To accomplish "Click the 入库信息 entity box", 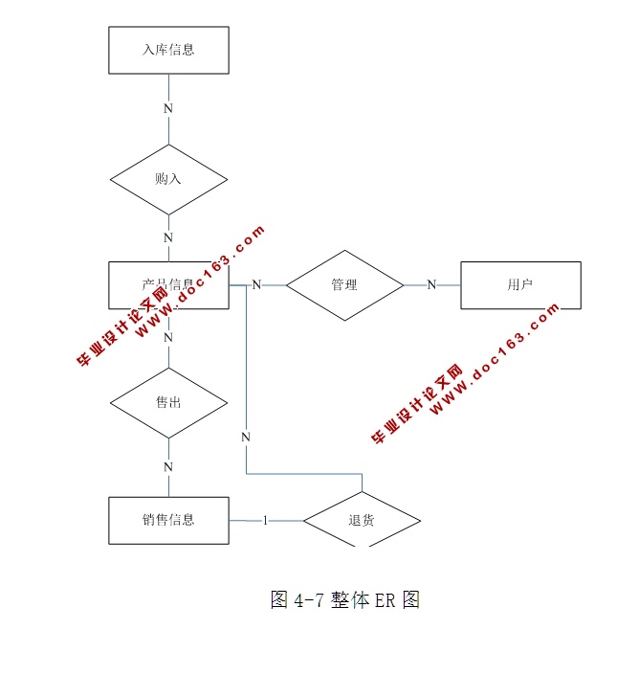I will (x=168, y=50).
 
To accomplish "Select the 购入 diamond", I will (x=168, y=179).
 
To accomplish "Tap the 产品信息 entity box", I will (x=168, y=284).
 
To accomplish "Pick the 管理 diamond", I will (x=344, y=284).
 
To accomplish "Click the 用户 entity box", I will (x=520, y=284).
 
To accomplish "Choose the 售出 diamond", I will (x=168, y=402).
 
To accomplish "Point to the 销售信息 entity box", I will (x=168, y=520).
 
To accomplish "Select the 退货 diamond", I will (x=362, y=520).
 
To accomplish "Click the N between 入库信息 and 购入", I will (x=168, y=108).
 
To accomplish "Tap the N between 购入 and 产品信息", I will (x=168, y=237).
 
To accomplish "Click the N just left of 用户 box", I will (x=431, y=284).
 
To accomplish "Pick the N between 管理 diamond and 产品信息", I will (x=256, y=284).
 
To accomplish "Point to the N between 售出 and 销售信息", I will (x=168, y=467).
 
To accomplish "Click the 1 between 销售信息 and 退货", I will (x=265, y=520).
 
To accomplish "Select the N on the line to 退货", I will (x=246, y=437).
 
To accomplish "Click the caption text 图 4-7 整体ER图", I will (x=345, y=600).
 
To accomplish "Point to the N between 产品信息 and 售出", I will (x=168, y=337).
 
